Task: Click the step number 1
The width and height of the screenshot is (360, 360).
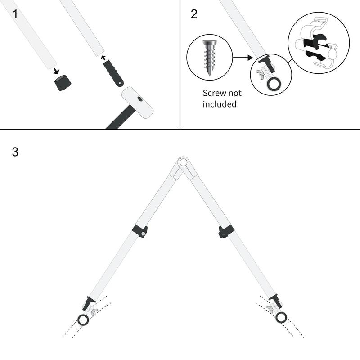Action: tap(15, 14)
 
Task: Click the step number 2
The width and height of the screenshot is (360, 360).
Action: tap(194, 14)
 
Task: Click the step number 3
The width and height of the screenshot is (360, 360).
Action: tap(15, 152)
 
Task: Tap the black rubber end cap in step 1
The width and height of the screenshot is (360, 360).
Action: tap(63, 82)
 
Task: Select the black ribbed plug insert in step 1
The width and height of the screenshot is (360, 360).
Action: tap(113, 73)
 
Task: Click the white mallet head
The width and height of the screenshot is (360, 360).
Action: tap(137, 103)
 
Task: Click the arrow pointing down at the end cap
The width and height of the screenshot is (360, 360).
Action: tap(55, 71)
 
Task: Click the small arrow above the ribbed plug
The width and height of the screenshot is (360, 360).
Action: tap(103, 58)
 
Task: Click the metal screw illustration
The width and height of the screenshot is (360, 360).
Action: tap(210, 58)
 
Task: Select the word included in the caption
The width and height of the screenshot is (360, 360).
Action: tap(220, 104)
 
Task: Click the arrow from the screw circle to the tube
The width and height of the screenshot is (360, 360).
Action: tap(243, 58)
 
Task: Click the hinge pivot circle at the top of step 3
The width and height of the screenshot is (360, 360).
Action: tap(183, 162)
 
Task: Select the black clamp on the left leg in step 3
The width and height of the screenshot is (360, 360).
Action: tap(140, 231)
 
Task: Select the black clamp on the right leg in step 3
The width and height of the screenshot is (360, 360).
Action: tap(226, 231)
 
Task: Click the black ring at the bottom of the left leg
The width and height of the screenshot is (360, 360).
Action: tap(83, 320)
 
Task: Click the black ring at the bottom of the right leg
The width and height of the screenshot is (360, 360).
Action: tap(281, 318)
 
